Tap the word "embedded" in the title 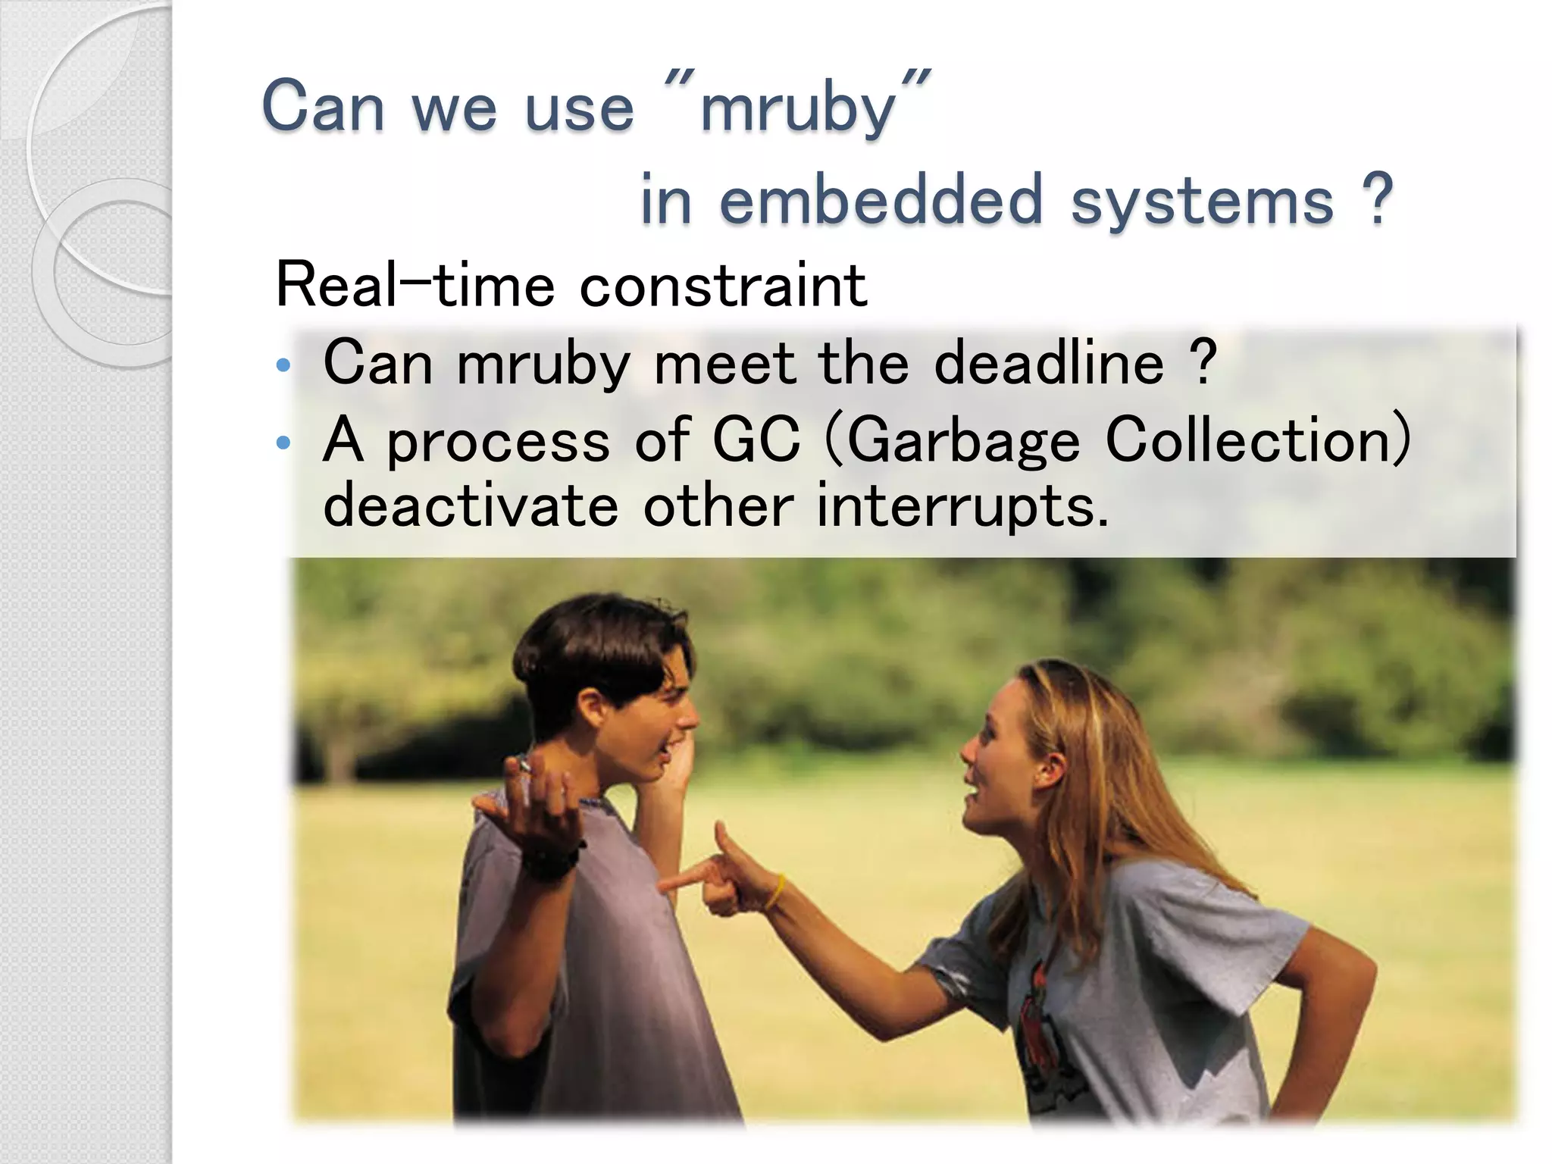tap(881, 201)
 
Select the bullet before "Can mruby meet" tap(283, 366)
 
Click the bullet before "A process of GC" tap(283, 443)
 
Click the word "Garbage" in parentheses tap(962, 442)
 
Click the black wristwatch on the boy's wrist tap(552, 861)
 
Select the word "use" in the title tap(580, 108)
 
